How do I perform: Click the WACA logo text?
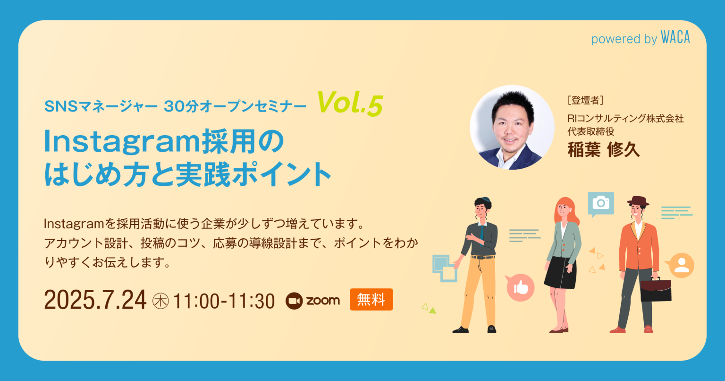tap(675, 38)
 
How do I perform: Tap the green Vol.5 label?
tap(349, 104)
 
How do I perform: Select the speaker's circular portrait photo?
tap(512, 128)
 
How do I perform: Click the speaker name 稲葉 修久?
tap(603, 149)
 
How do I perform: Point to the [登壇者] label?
tap(585, 100)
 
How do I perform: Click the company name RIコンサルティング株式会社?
tap(625, 118)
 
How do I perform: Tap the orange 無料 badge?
tap(371, 300)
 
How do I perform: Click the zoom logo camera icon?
tap(294, 301)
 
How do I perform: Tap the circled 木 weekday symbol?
tap(160, 301)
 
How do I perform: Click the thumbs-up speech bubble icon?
tap(520, 287)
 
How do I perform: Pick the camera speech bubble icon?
tap(600, 203)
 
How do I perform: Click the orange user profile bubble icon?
tap(681, 265)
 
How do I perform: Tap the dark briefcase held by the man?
tap(656, 290)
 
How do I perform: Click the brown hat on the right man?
tap(638, 200)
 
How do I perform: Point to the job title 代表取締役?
tap(591, 131)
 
